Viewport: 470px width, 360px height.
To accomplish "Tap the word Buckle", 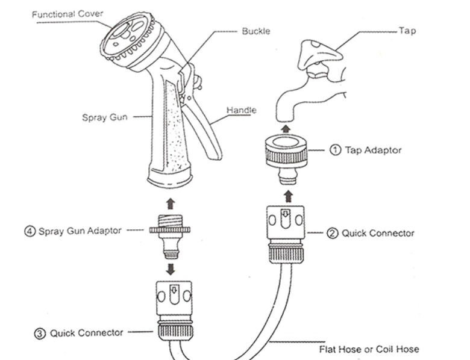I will click(x=255, y=31).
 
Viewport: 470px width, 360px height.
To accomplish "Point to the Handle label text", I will click(x=241, y=110).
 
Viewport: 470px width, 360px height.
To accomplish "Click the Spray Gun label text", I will click(x=104, y=117).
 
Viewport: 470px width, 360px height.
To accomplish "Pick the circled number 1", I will click(x=335, y=150).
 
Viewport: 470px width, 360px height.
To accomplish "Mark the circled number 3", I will click(x=40, y=332).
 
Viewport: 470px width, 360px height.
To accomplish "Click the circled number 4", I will click(x=30, y=231).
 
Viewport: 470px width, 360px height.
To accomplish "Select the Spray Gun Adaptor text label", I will click(x=80, y=231).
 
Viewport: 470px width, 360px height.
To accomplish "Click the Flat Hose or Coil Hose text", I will click(x=369, y=349).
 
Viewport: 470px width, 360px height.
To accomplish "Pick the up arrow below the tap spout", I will click(x=287, y=127).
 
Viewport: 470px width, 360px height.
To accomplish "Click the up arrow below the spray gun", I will click(x=170, y=204).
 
